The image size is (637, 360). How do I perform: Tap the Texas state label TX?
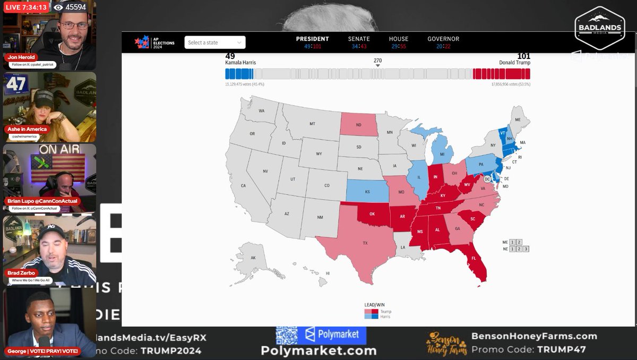(365, 243)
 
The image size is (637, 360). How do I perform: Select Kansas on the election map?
(367, 192)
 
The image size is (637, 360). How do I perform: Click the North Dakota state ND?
(358, 125)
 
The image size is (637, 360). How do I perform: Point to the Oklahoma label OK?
(372, 215)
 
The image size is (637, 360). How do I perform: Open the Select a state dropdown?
(215, 42)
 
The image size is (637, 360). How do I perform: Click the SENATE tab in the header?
(359, 39)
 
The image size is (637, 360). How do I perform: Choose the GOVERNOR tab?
(443, 39)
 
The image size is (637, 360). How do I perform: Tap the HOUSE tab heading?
(398, 39)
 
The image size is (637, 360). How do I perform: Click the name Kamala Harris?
(240, 63)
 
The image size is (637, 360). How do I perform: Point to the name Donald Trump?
(514, 63)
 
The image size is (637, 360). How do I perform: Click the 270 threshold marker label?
(377, 61)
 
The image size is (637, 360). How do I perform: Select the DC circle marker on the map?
(487, 179)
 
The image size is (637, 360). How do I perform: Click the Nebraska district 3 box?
(526, 248)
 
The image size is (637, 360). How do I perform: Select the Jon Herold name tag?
(21, 57)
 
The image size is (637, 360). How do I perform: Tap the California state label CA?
(244, 186)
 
